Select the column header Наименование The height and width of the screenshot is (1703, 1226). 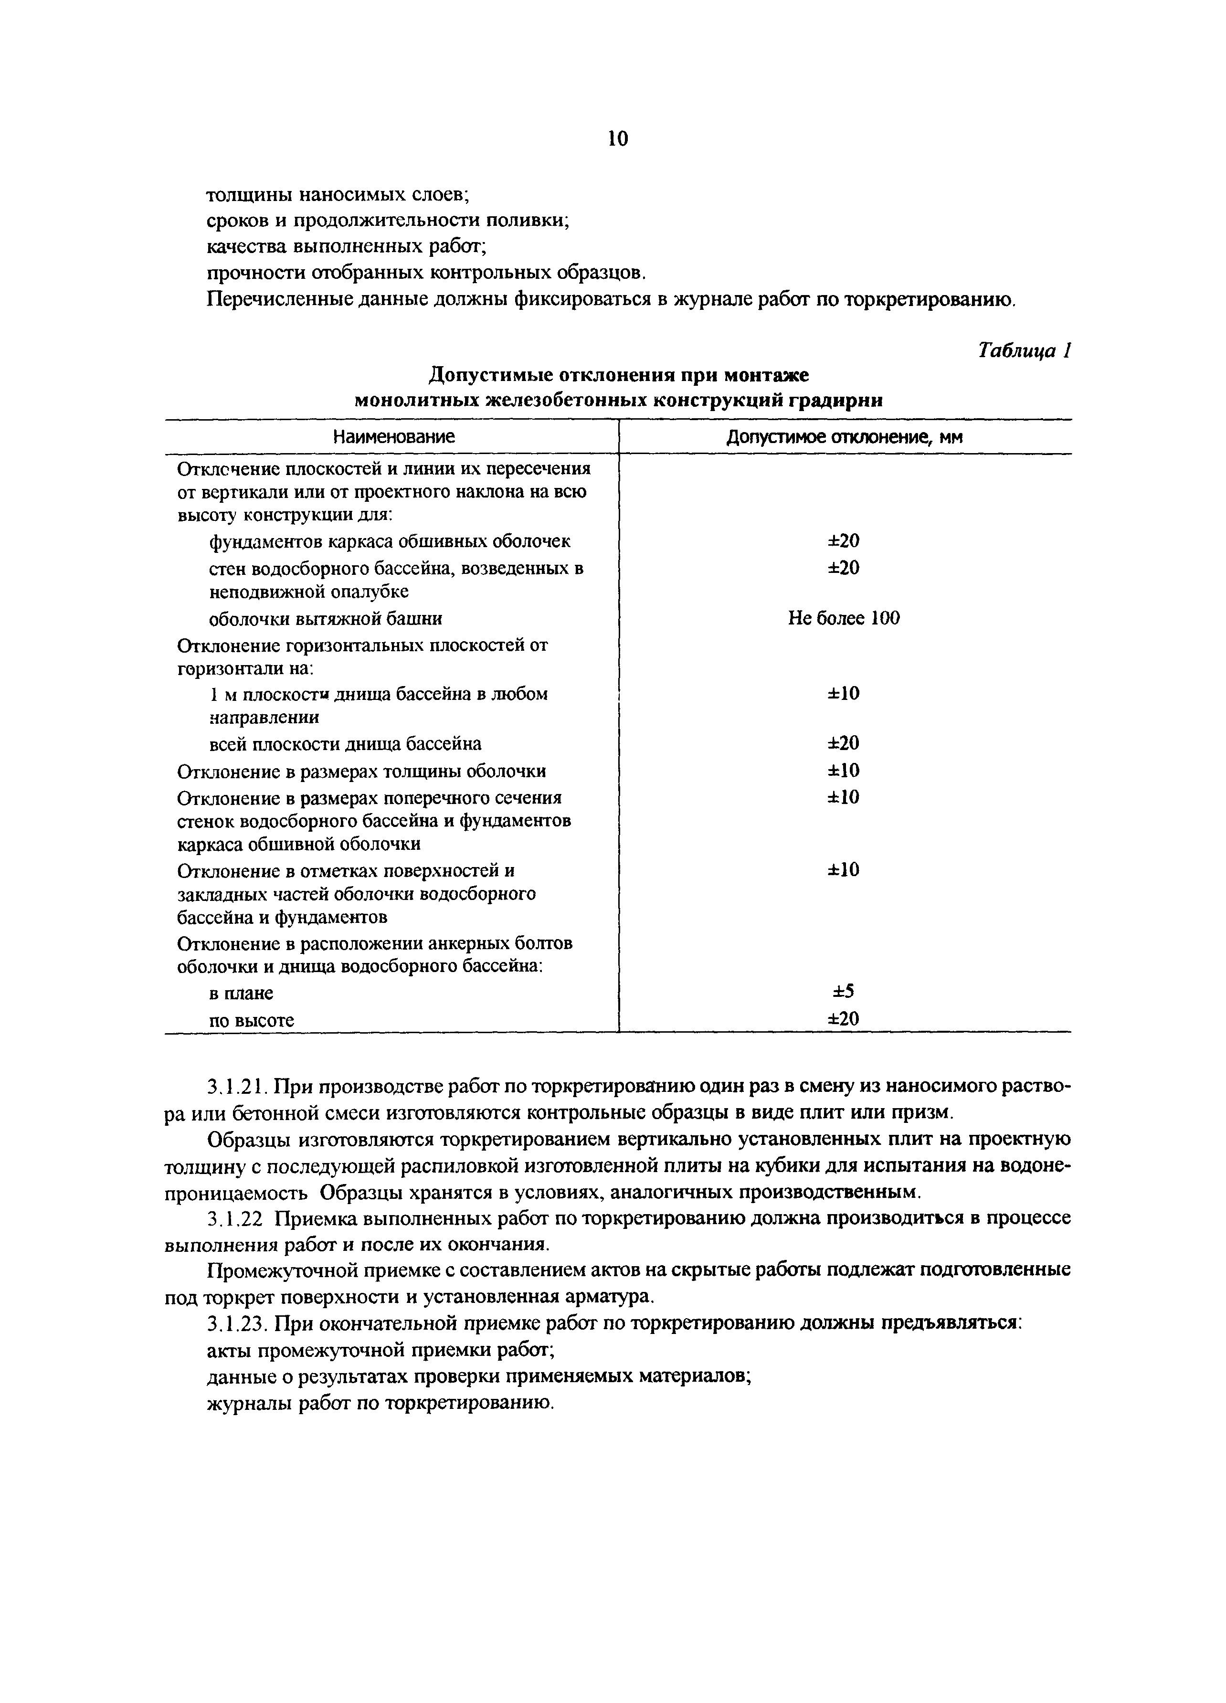click(x=394, y=436)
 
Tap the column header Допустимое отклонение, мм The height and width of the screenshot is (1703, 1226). click(x=844, y=436)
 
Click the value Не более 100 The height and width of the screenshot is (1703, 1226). click(x=844, y=618)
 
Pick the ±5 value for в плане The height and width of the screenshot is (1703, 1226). click(x=844, y=992)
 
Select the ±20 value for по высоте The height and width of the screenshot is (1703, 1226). click(x=844, y=1019)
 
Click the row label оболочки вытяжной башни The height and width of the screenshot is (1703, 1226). click(x=325, y=619)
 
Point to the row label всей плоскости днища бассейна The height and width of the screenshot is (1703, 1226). click(x=345, y=743)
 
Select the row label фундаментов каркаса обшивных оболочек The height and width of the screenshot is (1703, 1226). click(x=389, y=540)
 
